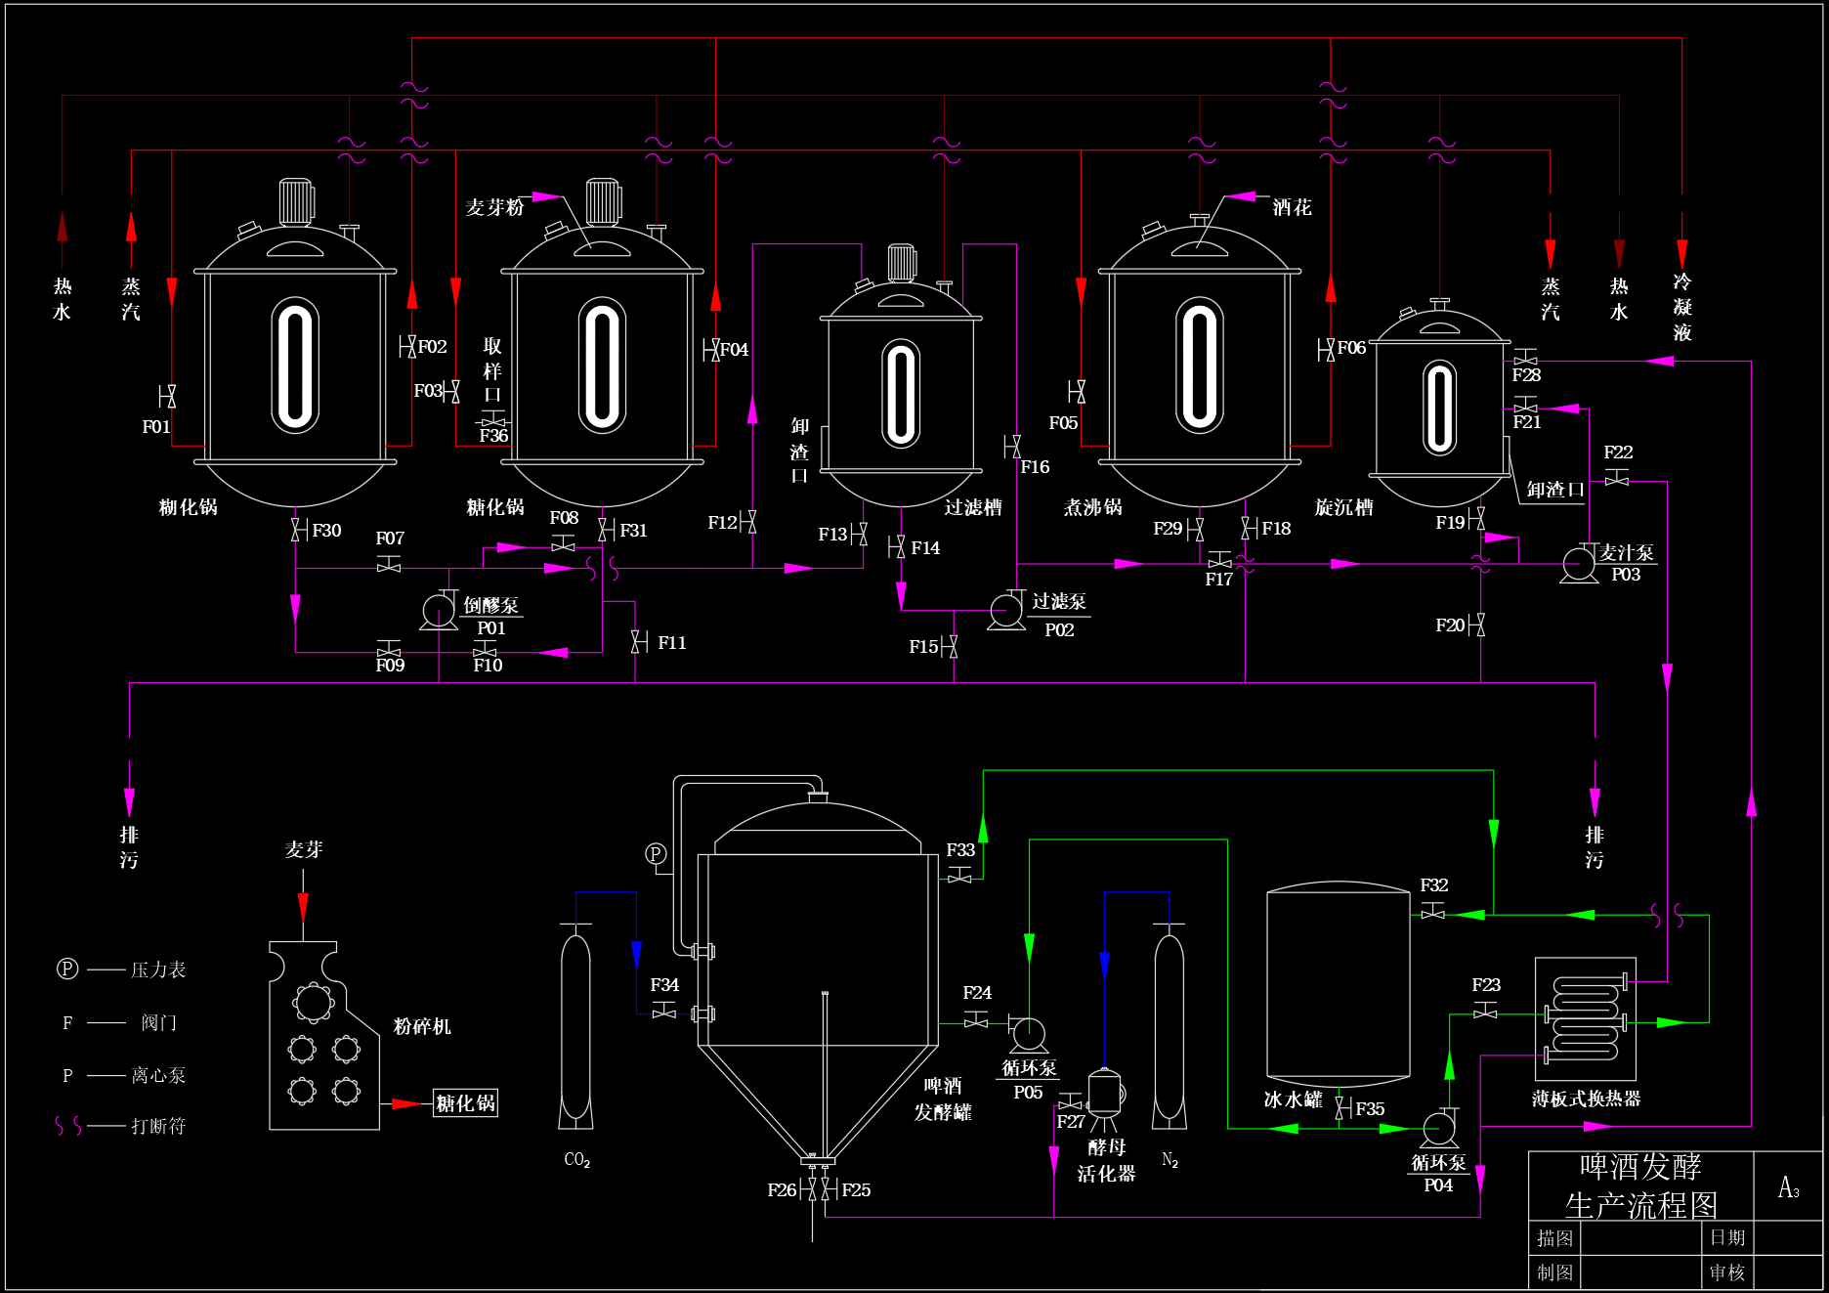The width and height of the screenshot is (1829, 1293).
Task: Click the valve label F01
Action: pyautogui.click(x=156, y=427)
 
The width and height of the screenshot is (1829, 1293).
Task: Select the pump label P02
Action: pyautogui.click(x=1059, y=630)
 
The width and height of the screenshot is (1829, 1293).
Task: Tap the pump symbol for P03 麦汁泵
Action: pyautogui.click(x=1578, y=565)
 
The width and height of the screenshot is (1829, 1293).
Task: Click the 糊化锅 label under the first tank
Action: pyautogui.click(x=189, y=507)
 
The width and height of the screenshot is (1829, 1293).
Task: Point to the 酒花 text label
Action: pyautogui.click(x=1292, y=207)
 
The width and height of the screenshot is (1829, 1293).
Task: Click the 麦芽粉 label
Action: pyautogui.click(x=495, y=207)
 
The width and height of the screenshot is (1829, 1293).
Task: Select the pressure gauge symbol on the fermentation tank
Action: pyautogui.click(x=656, y=854)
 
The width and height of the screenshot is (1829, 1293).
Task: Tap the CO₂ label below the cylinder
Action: pyautogui.click(x=576, y=1160)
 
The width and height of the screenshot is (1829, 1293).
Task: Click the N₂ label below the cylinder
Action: pyautogui.click(x=1170, y=1160)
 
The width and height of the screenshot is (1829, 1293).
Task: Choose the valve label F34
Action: pyautogui.click(x=664, y=985)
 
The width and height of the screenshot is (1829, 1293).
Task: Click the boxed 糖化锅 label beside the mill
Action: pyautogui.click(x=465, y=1103)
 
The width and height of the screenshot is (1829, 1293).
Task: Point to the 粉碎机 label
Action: pyautogui.click(x=422, y=1026)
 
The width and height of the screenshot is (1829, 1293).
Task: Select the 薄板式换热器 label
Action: pyautogui.click(x=1587, y=1099)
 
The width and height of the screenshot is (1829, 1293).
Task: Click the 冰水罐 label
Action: pyautogui.click(x=1293, y=1099)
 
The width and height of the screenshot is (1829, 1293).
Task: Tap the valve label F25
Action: pyautogui.click(x=856, y=1190)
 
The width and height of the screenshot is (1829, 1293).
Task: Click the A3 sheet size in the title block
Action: pyautogui.click(x=1788, y=1187)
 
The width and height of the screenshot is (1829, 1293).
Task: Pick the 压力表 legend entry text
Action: pyautogui.click(x=158, y=970)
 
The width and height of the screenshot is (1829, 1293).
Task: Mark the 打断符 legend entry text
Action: pyautogui.click(x=158, y=1126)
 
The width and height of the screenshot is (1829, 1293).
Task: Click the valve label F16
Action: pyautogui.click(x=1035, y=467)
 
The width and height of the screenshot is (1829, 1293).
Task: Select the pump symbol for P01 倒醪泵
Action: pyautogui.click(x=439, y=611)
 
